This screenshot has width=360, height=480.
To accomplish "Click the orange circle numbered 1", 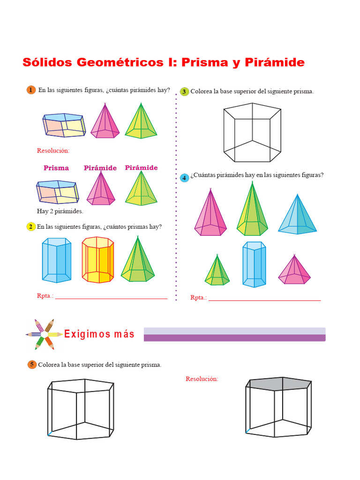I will click(x=31, y=90).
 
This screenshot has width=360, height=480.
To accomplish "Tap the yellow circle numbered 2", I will click(x=31, y=227).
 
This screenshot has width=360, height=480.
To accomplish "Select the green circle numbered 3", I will click(x=184, y=91).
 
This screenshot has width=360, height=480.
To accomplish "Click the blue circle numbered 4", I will click(x=184, y=177).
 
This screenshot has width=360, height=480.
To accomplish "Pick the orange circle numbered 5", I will click(x=31, y=364).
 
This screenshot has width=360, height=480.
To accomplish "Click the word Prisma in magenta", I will click(x=56, y=168).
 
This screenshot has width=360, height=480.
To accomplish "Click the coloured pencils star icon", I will click(x=44, y=334).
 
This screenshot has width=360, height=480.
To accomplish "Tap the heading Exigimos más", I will click(x=99, y=334).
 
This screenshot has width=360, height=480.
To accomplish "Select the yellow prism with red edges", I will click(x=98, y=260).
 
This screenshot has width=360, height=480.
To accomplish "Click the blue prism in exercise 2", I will click(x=57, y=260).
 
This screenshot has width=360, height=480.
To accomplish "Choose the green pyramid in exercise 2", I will click(x=138, y=262).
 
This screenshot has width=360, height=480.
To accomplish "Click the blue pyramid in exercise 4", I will click(x=297, y=217).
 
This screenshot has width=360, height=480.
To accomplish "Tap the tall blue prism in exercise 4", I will click(x=254, y=264).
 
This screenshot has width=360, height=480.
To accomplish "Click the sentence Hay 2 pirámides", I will click(x=60, y=211).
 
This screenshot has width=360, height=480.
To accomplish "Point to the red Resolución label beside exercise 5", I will click(x=202, y=379).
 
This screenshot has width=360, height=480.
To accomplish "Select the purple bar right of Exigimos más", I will click(x=234, y=335).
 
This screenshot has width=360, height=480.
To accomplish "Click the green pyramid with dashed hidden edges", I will click(x=141, y=190).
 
